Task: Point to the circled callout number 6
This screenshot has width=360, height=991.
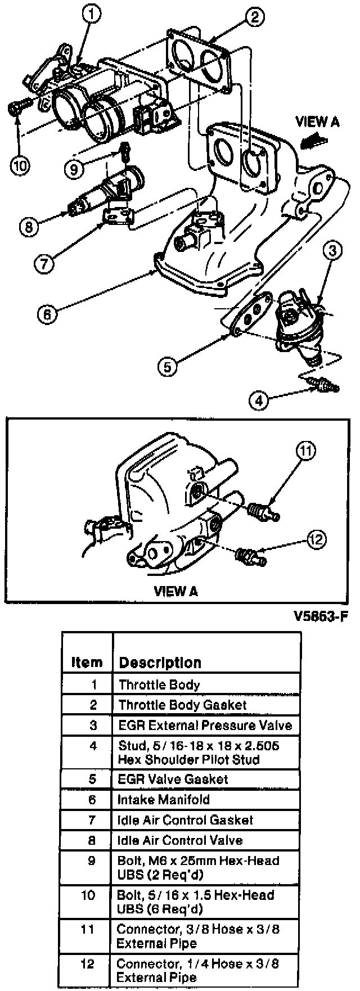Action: click(x=47, y=314)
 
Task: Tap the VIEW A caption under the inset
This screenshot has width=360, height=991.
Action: click(x=175, y=591)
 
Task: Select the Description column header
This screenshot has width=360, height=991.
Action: click(x=160, y=662)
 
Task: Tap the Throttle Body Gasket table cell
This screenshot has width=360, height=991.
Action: click(x=182, y=705)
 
